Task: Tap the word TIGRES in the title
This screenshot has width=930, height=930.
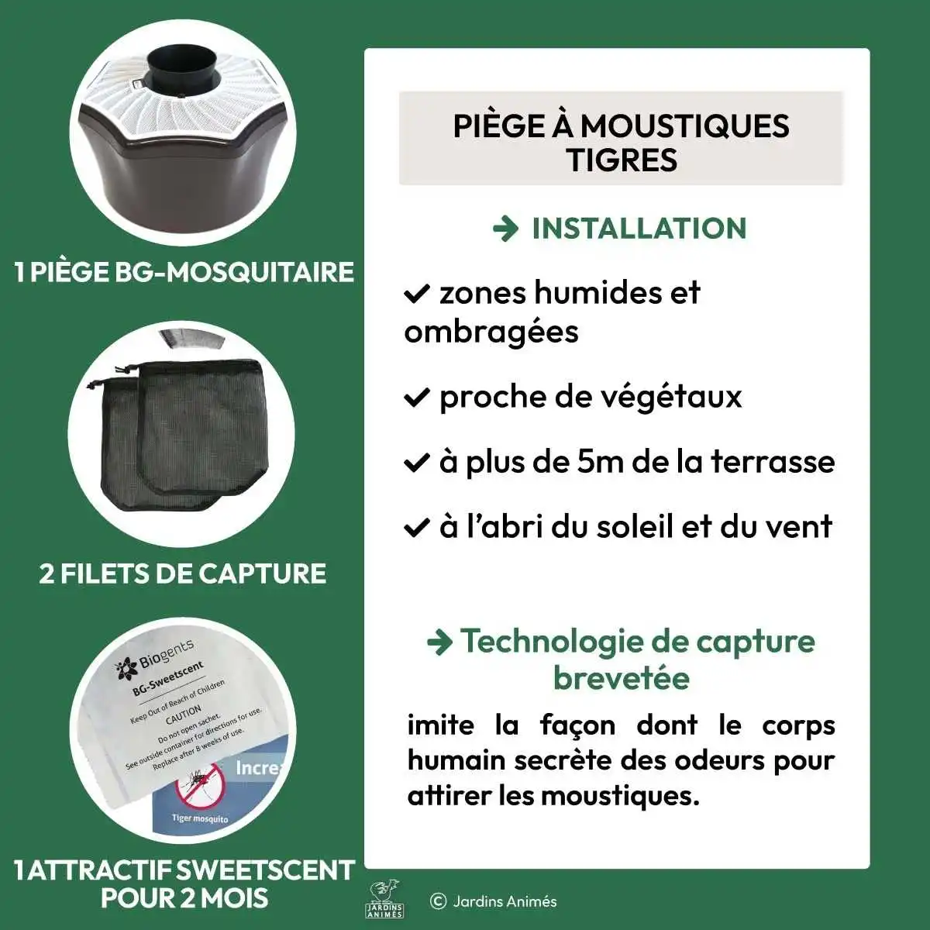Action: [x=622, y=160]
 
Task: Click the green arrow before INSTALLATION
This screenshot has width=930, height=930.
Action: [x=505, y=229]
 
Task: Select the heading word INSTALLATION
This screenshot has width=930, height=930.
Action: [x=639, y=229]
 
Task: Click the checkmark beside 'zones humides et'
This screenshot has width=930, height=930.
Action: [x=416, y=293]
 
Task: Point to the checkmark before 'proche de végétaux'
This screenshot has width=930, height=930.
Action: [x=416, y=398]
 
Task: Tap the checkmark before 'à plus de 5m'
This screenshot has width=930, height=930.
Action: [x=416, y=463]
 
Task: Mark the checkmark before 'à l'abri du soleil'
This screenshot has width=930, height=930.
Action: [x=416, y=527]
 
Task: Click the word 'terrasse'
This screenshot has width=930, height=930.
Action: [x=773, y=462]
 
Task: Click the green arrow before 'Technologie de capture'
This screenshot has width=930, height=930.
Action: [x=440, y=643]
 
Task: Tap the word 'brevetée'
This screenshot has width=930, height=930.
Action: [x=622, y=678]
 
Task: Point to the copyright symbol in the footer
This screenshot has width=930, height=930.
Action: [x=438, y=901]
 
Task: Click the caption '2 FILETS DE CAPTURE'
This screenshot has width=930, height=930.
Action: [x=182, y=573]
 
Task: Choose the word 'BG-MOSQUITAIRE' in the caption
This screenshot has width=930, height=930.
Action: [x=234, y=272]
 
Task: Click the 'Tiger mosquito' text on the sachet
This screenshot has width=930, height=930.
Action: [x=200, y=819]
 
